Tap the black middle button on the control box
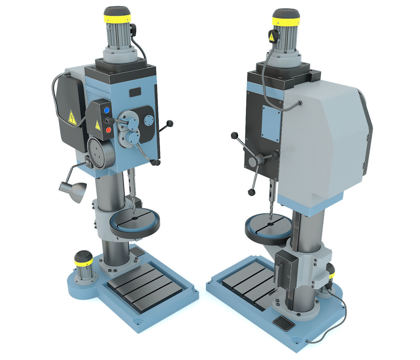click(x=106, y=120)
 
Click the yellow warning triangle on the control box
click(x=97, y=125)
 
